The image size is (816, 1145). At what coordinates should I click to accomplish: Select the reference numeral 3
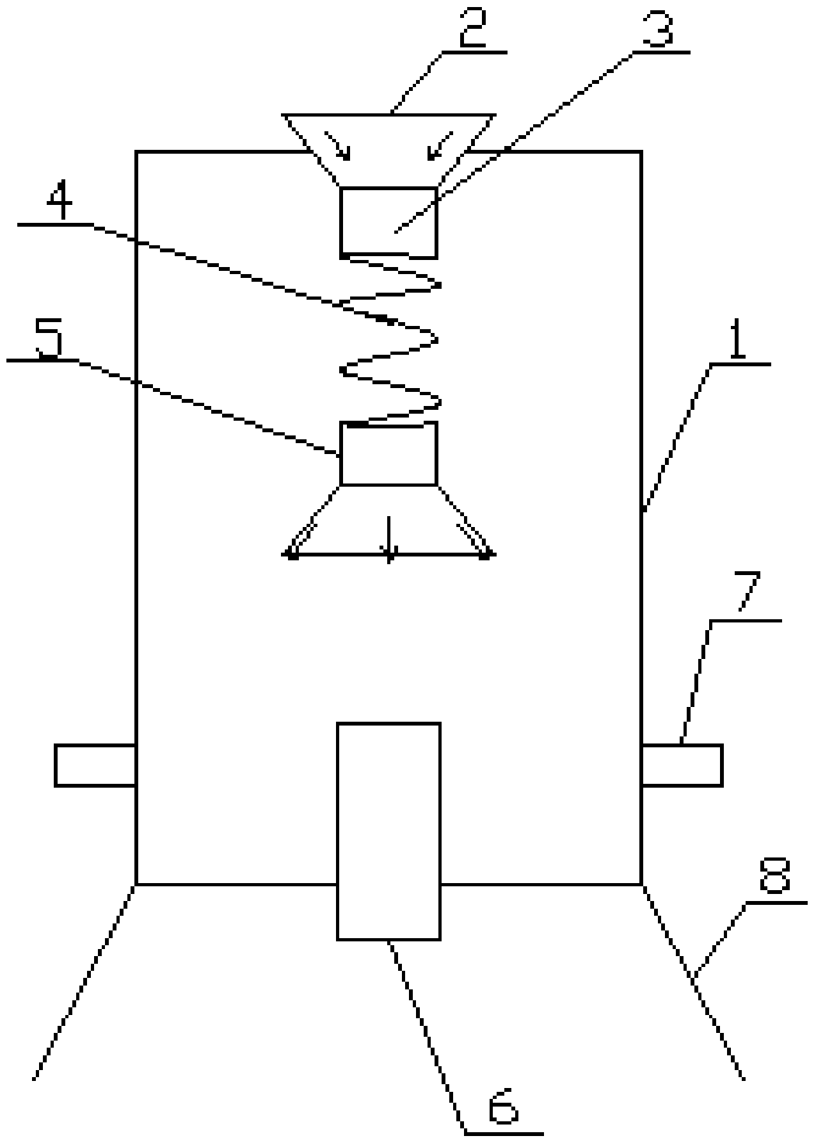(658, 29)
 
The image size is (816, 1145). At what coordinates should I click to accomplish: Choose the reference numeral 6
(503, 1110)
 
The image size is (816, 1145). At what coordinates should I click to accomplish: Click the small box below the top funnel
(388, 222)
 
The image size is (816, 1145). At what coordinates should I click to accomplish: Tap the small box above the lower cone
(388, 453)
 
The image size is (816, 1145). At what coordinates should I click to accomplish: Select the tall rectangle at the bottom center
(388, 831)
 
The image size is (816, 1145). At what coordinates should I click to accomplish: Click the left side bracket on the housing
(95, 765)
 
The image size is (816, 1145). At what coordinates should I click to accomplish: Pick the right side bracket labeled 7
(682, 765)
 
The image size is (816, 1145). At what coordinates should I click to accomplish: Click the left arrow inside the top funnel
(339, 145)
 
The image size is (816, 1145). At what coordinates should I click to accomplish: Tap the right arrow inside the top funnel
(442, 145)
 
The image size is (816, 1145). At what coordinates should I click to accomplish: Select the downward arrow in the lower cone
(389, 541)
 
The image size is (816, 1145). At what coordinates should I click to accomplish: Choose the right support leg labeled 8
(692, 980)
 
